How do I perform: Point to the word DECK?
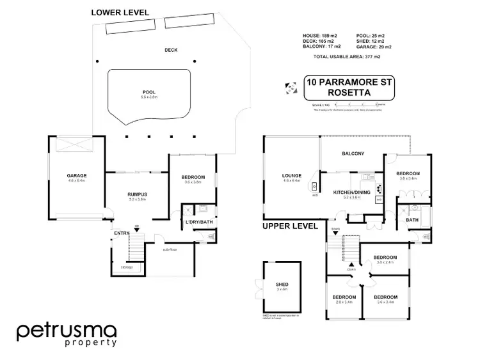pos(152,50)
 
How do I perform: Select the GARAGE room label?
pos(77,175)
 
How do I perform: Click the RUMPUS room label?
pos(138,194)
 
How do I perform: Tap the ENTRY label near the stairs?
pos(122,233)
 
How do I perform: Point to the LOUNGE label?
pos(292,176)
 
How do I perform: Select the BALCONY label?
pos(353,153)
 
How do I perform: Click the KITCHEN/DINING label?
pos(352,192)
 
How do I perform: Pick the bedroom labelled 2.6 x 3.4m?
pos(343,297)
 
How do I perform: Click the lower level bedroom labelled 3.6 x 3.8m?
pos(193,177)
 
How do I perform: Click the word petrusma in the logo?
pos(67,331)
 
